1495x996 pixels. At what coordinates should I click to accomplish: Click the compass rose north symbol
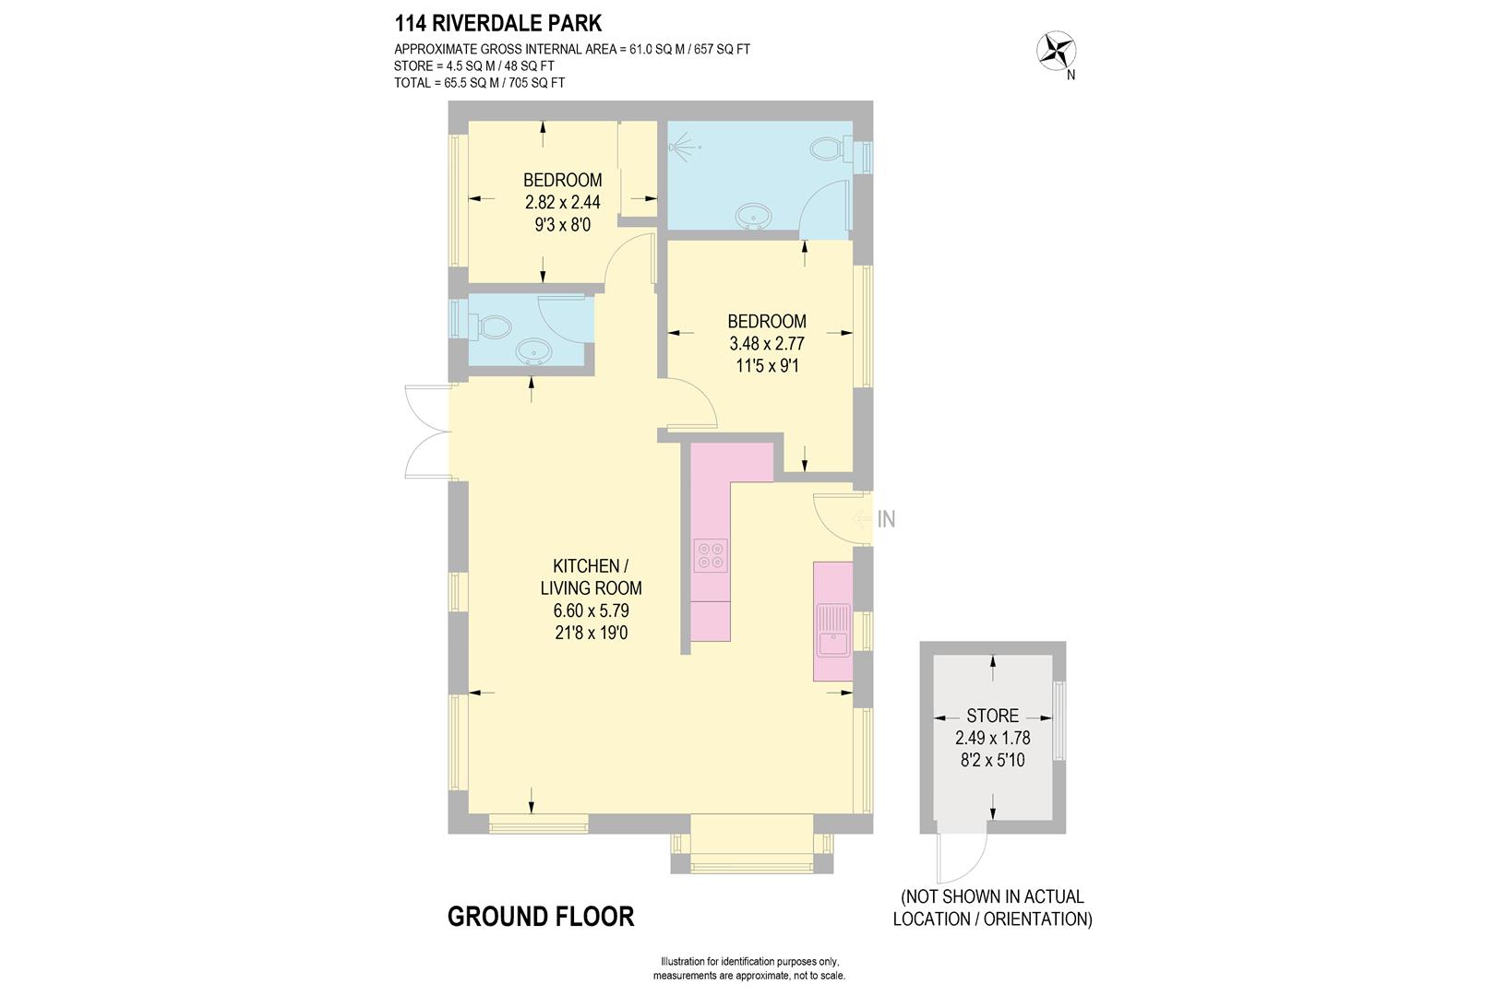click(1058, 52)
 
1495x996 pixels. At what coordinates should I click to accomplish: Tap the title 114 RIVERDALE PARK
click(498, 23)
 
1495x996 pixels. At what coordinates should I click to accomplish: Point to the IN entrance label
click(885, 519)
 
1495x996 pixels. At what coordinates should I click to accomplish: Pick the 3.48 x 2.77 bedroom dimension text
click(767, 344)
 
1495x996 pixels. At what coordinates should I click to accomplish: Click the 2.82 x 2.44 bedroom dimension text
click(562, 202)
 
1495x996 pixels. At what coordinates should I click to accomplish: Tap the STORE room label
click(992, 716)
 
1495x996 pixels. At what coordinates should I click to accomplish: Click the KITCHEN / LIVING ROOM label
click(591, 576)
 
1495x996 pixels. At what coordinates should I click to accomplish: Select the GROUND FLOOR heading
click(541, 917)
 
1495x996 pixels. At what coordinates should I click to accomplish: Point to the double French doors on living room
click(426, 432)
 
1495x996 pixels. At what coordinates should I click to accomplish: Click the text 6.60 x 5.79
click(591, 611)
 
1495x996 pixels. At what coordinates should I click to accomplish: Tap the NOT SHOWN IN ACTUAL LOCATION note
click(992, 907)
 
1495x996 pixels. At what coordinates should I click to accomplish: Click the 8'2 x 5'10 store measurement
click(992, 761)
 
